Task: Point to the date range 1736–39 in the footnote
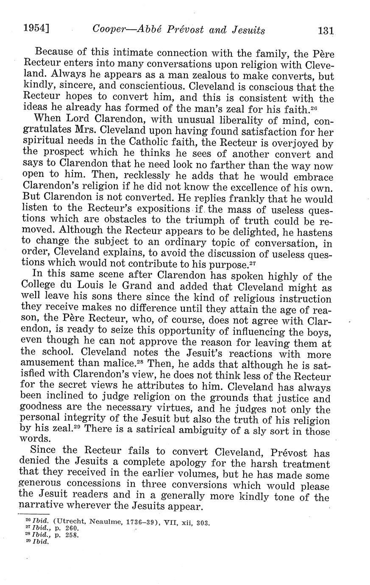[x=141, y=523]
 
